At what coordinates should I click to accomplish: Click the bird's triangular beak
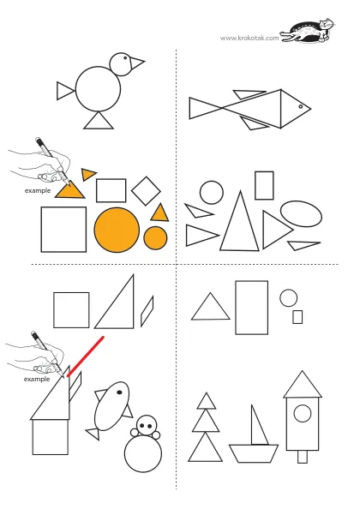(135, 63)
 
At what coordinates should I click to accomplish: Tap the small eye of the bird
(125, 57)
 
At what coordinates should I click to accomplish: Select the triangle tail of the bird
(64, 91)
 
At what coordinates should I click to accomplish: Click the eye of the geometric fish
(301, 106)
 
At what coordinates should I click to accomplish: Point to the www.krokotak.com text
(249, 38)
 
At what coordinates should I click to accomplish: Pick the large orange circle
(117, 230)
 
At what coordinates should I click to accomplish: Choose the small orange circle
(155, 238)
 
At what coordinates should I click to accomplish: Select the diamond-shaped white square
(146, 191)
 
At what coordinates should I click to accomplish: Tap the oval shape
(301, 213)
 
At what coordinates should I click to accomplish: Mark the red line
(86, 356)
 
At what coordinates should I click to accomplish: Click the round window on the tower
(303, 413)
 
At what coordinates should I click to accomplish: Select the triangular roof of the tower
(303, 385)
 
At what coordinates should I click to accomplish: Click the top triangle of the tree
(206, 402)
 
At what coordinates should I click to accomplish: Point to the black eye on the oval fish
(119, 392)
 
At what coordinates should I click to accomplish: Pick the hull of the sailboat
(254, 453)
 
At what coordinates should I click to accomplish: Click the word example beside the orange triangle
(38, 190)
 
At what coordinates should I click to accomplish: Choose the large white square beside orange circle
(63, 229)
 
